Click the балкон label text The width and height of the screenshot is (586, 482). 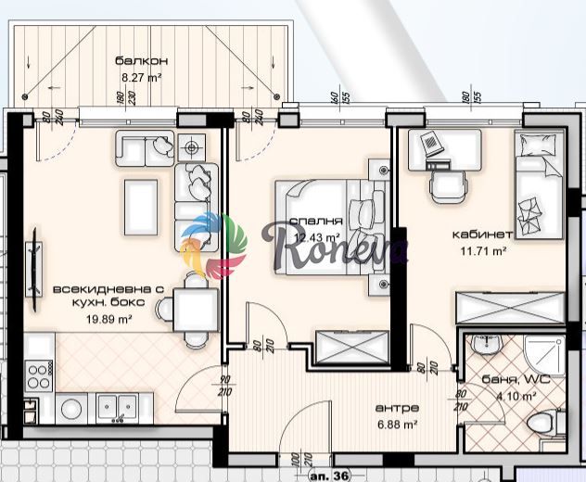tap(134, 62)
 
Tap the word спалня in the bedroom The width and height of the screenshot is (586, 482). tap(316, 222)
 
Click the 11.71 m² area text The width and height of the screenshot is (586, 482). tap(484, 250)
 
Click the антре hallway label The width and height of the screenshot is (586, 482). tap(397, 408)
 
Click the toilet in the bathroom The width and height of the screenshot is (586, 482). tap(540, 424)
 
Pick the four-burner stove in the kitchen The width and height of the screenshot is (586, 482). tap(40, 375)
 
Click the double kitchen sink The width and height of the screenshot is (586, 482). tap(118, 406)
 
